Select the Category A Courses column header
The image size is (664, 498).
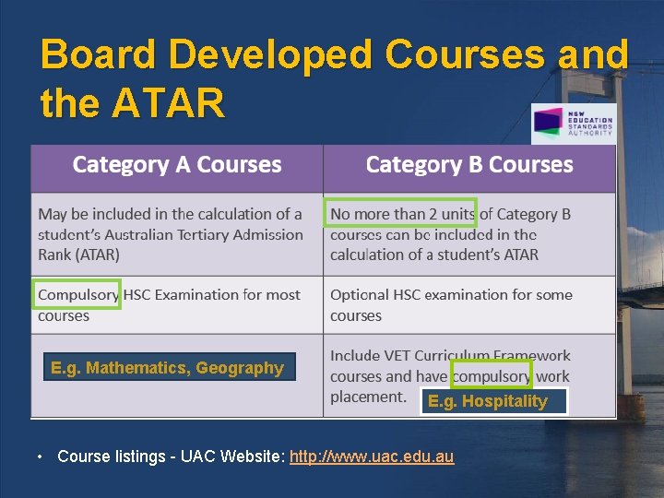tap(177, 165)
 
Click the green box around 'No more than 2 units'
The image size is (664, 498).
tap(401, 213)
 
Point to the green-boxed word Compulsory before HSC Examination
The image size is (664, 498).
tap(77, 294)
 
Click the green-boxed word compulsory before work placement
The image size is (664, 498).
tap(491, 375)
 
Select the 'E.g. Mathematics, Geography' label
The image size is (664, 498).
tap(168, 368)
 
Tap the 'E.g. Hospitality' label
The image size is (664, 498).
tap(487, 401)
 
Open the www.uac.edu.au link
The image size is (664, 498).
tap(372, 456)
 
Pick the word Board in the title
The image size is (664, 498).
tap(100, 55)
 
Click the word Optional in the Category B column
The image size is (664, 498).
tap(360, 295)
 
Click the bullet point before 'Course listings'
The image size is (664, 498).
tap(41, 456)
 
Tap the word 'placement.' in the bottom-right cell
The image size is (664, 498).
tap(368, 397)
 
